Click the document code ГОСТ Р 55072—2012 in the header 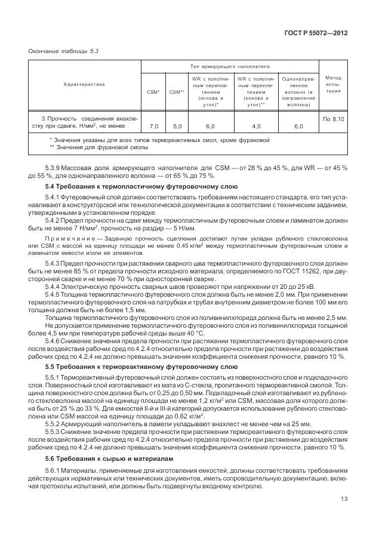tap(315, 33)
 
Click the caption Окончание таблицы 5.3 tap(63, 51)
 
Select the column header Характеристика tap(84, 84)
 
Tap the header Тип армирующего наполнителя tap(230, 67)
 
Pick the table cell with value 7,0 tap(154, 126)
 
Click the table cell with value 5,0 tap(177, 126)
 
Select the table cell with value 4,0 tap(256, 126)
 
